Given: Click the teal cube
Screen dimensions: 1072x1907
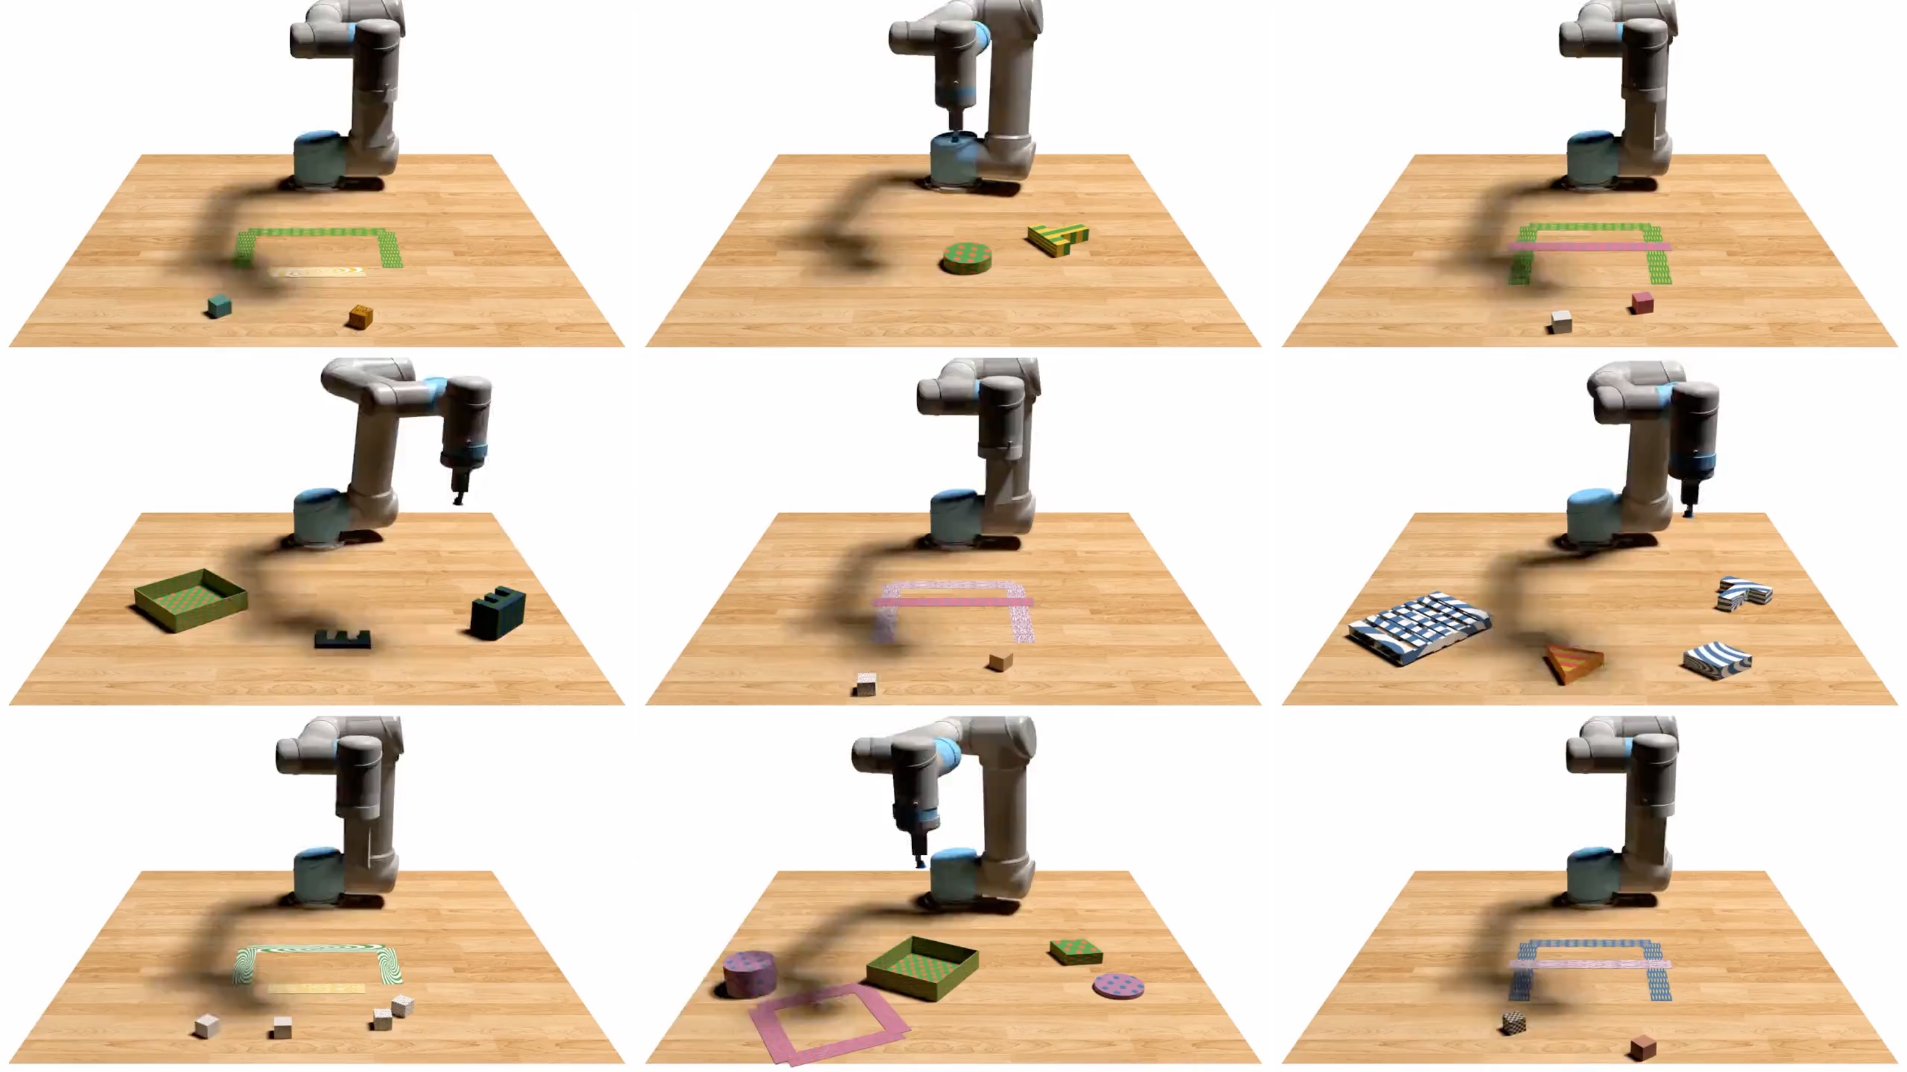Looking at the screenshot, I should (219, 306).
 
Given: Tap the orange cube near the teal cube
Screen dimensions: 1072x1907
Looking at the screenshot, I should (360, 317).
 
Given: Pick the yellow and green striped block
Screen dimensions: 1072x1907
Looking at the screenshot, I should (1058, 238).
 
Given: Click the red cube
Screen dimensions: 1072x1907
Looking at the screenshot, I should (1642, 302).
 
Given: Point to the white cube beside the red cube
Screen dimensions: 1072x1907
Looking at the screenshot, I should (1561, 322).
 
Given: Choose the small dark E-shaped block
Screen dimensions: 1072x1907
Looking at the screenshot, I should (342, 640).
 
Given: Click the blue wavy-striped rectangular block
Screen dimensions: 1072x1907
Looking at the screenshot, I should (1717, 660).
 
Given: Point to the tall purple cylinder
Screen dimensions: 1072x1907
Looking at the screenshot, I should (749, 973).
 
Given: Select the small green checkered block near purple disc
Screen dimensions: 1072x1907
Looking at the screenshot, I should (1076, 951).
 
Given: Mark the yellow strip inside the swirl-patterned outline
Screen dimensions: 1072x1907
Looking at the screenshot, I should (316, 988).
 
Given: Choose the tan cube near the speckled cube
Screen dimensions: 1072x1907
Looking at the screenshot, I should (1000, 660).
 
